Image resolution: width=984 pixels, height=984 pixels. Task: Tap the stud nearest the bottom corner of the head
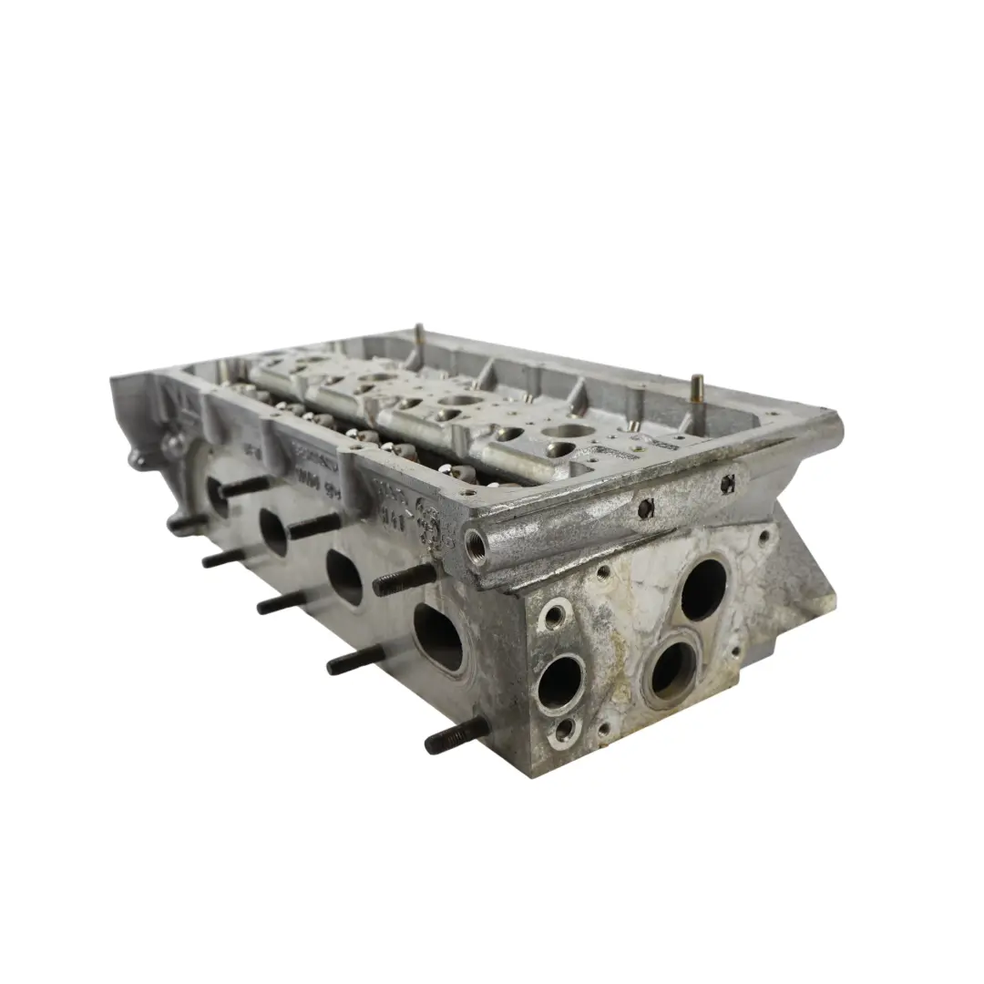click(x=456, y=734)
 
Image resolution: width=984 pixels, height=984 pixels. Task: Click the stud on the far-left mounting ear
click(x=188, y=523)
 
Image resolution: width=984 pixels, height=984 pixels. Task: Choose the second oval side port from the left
click(x=273, y=531)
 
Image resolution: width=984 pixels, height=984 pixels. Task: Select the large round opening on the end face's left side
click(x=559, y=682)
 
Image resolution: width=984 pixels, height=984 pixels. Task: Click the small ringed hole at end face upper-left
click(x=554, y=615)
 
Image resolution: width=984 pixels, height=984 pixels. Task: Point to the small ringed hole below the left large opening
click(x=566, y=729)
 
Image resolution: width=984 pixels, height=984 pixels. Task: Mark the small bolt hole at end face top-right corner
click(x=763, y=538)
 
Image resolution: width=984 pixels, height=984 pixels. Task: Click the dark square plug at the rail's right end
click(x=727, y=485)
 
